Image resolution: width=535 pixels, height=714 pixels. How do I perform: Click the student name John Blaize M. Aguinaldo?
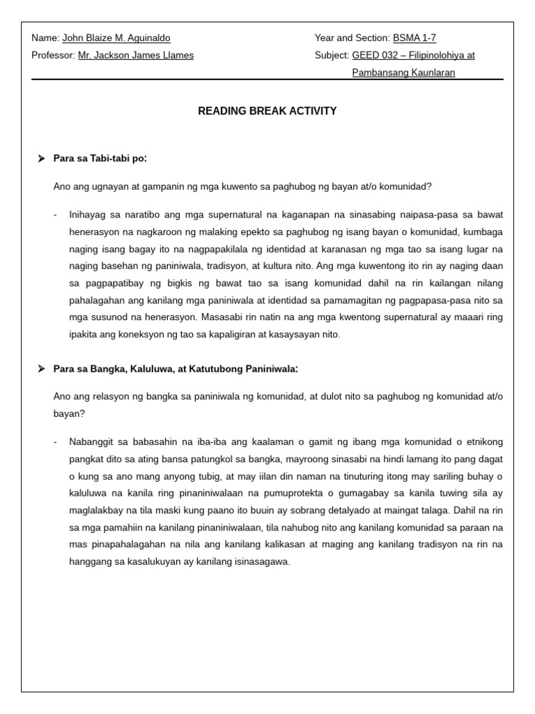116,38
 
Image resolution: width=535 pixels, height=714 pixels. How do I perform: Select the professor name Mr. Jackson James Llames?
136,55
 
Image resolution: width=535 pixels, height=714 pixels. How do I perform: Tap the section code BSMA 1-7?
414,38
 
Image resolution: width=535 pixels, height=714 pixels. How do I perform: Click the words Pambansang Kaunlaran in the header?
403,73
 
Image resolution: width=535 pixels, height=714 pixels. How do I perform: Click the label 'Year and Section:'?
352,38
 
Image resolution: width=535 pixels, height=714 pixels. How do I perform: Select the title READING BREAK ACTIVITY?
267,111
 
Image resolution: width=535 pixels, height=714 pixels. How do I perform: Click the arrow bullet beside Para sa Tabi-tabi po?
41,159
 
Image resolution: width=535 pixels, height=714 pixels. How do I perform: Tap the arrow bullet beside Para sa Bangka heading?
41,369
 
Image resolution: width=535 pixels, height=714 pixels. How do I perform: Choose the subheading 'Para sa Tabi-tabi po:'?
100,158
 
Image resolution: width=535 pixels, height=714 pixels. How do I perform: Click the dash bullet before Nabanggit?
56,442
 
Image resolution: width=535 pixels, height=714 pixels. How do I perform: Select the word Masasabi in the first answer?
222,317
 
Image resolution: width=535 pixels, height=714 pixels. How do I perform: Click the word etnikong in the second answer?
482,442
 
